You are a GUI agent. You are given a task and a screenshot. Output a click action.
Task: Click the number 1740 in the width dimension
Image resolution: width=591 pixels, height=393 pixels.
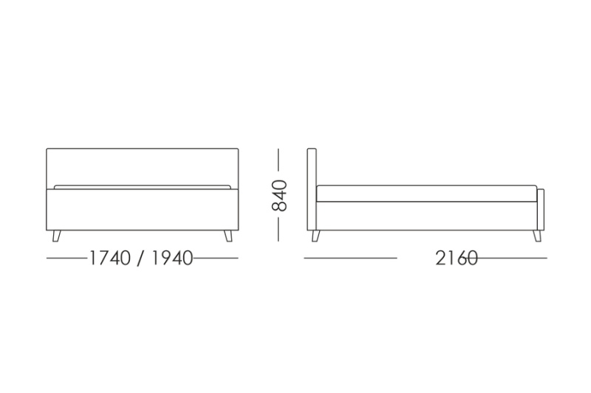click(x=110, y=259)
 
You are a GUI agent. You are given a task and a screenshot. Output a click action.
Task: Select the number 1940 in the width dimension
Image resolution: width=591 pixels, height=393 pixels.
click(x=172, y=259)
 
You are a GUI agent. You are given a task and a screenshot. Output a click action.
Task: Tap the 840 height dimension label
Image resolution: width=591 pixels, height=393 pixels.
click(x=280, y=196)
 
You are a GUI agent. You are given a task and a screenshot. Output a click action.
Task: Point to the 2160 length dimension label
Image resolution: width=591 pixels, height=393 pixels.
click(x=457, y=259)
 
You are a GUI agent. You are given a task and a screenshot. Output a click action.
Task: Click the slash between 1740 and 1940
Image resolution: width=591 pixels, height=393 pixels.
click(x=141, y=259)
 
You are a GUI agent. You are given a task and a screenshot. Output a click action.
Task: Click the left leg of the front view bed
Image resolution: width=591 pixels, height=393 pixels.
click(x=56, y=236)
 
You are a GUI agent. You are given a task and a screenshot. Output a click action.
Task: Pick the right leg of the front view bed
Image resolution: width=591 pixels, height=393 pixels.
click(x=228, y=236)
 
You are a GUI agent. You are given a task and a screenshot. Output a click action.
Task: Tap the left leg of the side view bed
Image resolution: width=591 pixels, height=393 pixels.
click(x=315, y=236)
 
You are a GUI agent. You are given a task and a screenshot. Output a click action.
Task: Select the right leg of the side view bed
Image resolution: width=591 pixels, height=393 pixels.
click(x=537, y=236)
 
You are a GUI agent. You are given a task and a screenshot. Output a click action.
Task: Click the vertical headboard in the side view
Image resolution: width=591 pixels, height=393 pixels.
click(x=312, y=189)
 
